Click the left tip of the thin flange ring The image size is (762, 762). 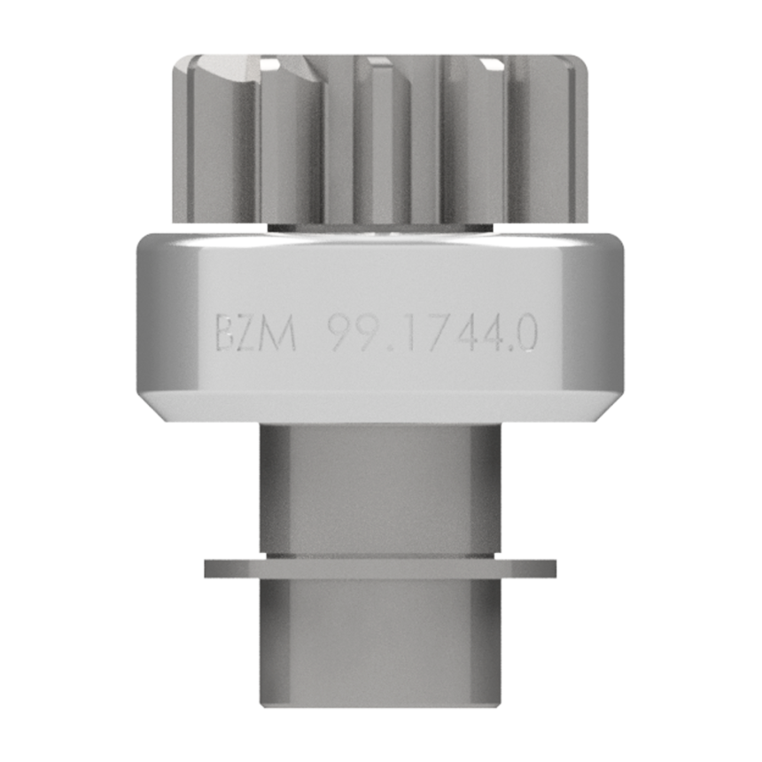tap(205, 569)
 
